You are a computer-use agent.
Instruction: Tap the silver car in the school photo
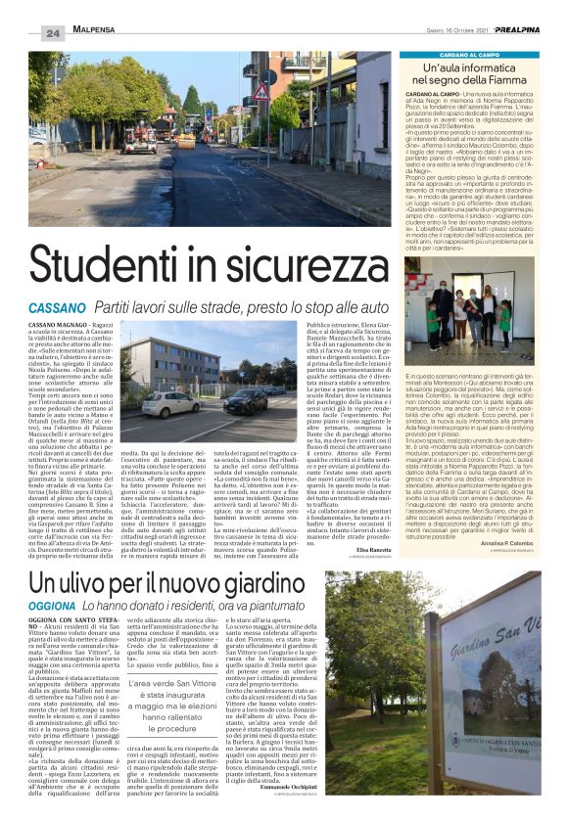tap(171, 404)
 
